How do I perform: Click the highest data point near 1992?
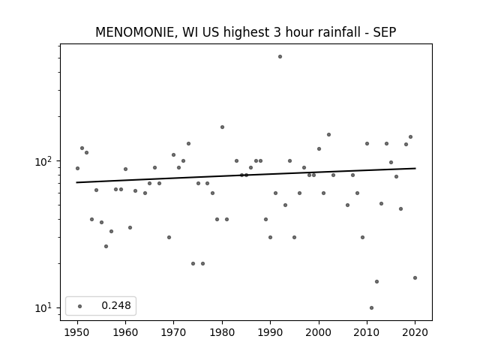[280, 57]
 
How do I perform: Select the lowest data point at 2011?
[371, 307]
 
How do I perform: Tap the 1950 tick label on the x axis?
[77, 332]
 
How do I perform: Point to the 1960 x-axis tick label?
[125, 332]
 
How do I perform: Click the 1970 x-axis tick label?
[173, 332]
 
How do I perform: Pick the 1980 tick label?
[222, 332]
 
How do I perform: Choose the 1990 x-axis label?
[270, 332]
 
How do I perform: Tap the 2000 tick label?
[319, 332]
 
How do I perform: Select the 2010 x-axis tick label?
[367, 332]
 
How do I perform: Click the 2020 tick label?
[415, 332]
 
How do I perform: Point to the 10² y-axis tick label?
[43, 161]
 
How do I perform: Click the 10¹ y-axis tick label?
[43, 307]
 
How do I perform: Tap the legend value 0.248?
[116, 305]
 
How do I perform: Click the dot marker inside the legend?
[80, 306]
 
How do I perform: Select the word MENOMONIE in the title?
[135, 32]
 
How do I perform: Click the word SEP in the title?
[385, 32]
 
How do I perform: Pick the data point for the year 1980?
[222, 127]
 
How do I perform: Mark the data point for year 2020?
[415, 277]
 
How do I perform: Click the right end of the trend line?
[415, 168]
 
